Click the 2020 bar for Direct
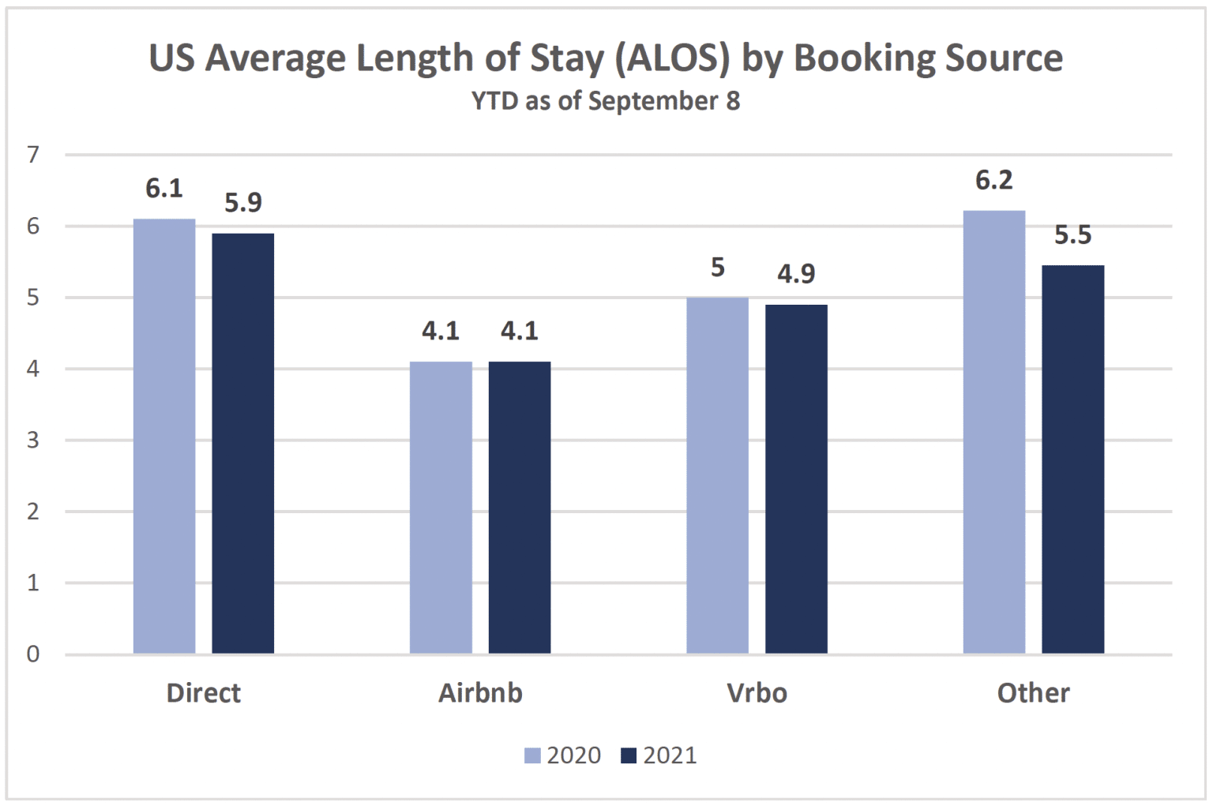pyautogui.click(x=164, y=436)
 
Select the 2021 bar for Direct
pyautogui.click(x=243, y=443)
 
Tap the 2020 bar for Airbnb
pyautogui.click(x=441, y=508)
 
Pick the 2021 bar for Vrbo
pyautogui.click(x=796, y=479)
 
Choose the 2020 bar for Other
pyautogui.click(x=994, y=432)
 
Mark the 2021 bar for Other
pyautogui.click(x=1073, y=459)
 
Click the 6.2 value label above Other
pyautogui.click(x=993, y=181)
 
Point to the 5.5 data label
pyautogui.click(x=1072, y=235)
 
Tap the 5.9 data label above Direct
pyautogui.click(x=243, y=204)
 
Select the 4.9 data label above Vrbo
pyautogui.click(x=796, y=274)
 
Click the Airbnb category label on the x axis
pyautogui.click(x=480, y=693)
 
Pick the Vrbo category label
pyautogui.click(x=757, y=693)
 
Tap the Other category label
pyautogui.click(x=1033, y=693)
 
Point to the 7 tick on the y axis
pyautogui.click(x=33, y=155)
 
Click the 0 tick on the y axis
pyautogui.click(x=33, y=654)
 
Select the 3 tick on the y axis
pyautogui.click(x=33, y=440)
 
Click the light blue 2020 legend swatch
pyautogui.click(x=532, y=756)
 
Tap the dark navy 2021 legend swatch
pyautogui.click(x=629, y=756)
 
